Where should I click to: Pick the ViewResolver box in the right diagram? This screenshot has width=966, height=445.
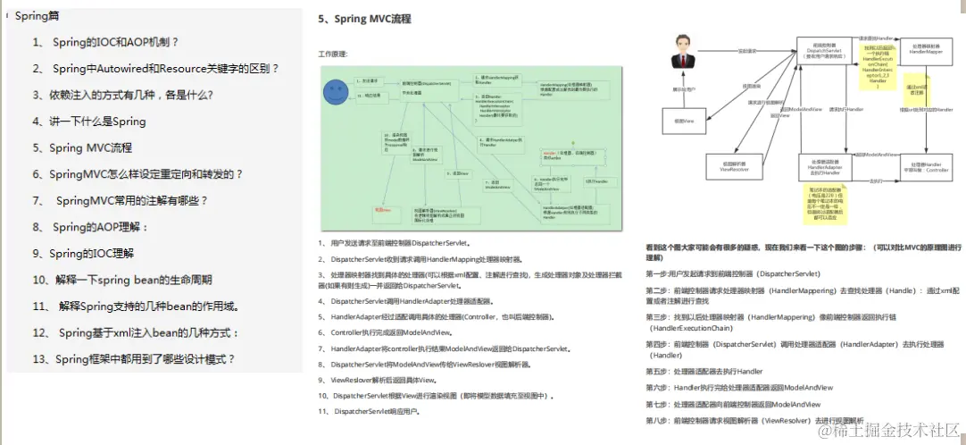coord(733,166)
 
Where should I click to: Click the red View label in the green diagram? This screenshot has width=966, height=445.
coord(382,208)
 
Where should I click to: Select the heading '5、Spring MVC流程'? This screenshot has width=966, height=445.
coord(364,19)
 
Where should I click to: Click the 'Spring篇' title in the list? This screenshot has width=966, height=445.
coord(37,15)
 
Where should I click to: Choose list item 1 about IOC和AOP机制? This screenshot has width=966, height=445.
coord(105,42)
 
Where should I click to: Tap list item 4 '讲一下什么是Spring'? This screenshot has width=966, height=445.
coord(89,122)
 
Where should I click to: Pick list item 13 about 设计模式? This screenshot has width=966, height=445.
coord(134,359)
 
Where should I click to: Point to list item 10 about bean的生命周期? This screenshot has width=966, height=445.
coord(122,280)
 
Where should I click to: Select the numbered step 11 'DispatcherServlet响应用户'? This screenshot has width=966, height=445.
coord(370,411)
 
